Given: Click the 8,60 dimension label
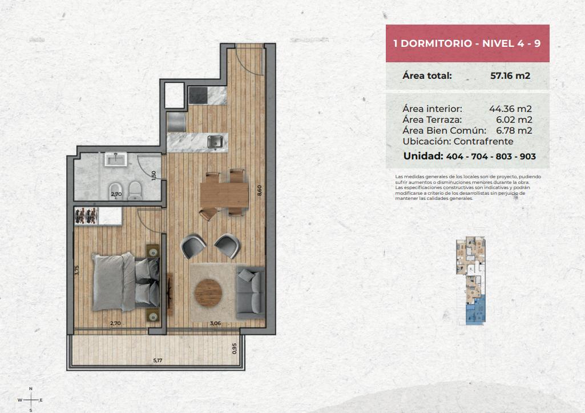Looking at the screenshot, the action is coord(259,190).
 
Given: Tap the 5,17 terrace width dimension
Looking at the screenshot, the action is coord(158,360).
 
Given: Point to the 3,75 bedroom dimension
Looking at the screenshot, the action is coord(77,270).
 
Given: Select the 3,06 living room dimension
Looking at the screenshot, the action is coord(215,323).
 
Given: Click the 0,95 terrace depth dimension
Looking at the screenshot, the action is coord(235,348).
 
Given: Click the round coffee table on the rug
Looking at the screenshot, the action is coord(208,293).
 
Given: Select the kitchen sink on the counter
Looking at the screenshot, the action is coord(215,142).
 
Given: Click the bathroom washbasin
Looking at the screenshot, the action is coord(116,159).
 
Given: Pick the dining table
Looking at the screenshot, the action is coord(224,195).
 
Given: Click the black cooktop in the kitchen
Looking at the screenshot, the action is coord(197,95).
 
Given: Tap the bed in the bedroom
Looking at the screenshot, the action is coord(126,282).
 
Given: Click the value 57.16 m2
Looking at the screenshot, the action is coord(510,75).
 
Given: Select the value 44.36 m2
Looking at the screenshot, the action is coord(510,109).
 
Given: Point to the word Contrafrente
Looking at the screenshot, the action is coord(483,142).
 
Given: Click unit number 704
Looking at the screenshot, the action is coord(479,157).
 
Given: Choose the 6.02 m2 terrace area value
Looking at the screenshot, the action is coord(514,119).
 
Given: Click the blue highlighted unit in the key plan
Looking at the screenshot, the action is coord(476,310).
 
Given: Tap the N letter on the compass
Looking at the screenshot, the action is coord(31,389).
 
